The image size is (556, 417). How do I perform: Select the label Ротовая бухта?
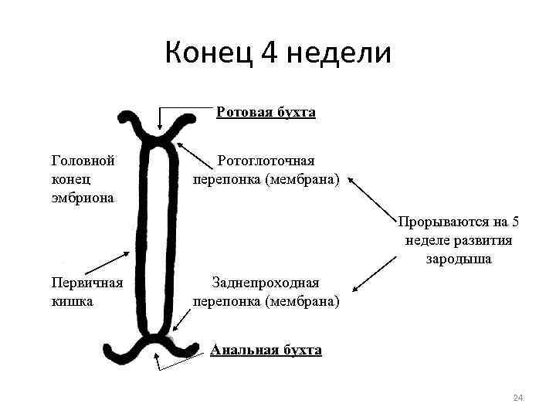pyautogui.click(x=266, y=112)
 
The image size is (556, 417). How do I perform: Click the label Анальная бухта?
pyautogui.click(x=266, y=350)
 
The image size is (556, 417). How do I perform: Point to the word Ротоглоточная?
pyautogui.click(x=266, y=161)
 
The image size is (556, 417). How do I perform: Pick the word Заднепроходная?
pyautogui.click(x=266, y=283)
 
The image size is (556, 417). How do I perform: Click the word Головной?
pyautogui.click(x=83, y=161)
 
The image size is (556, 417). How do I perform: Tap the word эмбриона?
pyautogui.click(x=83, y=198)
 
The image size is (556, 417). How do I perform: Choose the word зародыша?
pyautogui.click(x=459, y=259)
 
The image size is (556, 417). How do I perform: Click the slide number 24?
pyautogui.click(x=518, y=398)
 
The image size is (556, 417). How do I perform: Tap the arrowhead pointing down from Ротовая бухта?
pyautogui.click(x=159, y=131)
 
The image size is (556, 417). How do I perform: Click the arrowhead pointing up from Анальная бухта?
pyautogui.click(x=158, y=356)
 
